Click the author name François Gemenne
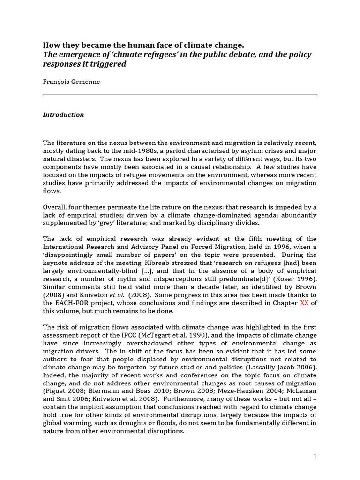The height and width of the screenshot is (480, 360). [x=71, y=82]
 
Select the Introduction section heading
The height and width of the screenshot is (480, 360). [x=63, y=115]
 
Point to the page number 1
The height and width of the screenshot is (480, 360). [x=315, y=456]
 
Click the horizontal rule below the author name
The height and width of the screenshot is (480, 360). [x=180, y=95]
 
